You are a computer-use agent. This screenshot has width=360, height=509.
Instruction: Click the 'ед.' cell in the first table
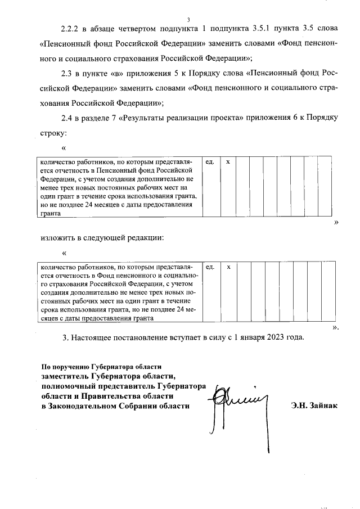(210, 162)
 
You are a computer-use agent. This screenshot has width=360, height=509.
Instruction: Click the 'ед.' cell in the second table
(210, 267)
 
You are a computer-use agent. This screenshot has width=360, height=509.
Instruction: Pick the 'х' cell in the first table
(228, 162)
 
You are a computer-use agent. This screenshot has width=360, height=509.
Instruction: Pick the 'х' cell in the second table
(228, 267)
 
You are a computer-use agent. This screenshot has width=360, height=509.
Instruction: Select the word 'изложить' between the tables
(58, 237)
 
